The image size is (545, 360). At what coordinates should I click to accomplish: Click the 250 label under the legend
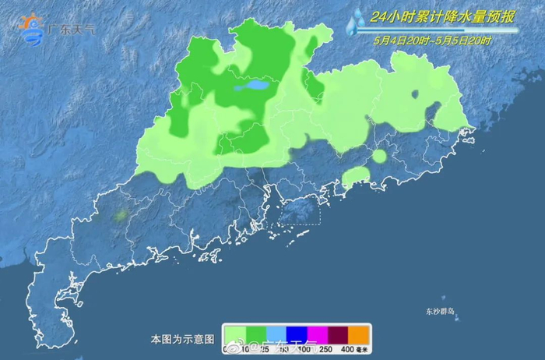[x=327, y=348]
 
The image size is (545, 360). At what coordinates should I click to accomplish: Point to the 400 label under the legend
[x=347, y=348]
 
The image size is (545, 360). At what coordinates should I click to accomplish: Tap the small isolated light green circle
[x=379, y=156]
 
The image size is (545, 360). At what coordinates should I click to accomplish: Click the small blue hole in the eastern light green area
[x=415, y=94]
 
